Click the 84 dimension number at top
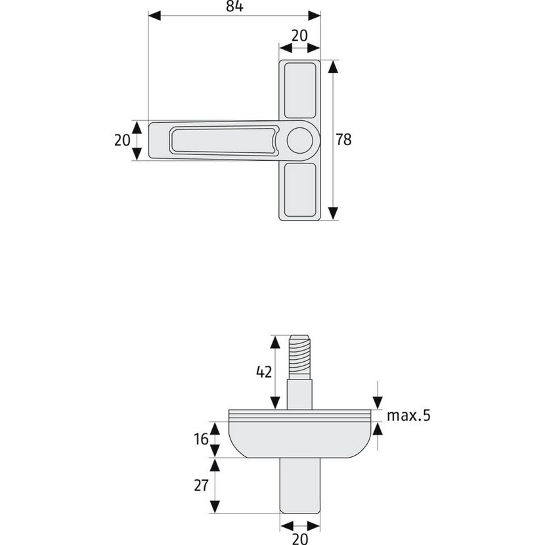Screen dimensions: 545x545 [234, 6]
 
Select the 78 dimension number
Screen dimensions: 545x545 [343, 139]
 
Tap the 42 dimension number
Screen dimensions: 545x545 [264, 372]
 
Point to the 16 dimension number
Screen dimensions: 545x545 [201, 439]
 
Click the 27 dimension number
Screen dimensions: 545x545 [201, 485]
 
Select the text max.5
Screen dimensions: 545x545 [408, 416]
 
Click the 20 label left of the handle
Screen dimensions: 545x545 [122, 140]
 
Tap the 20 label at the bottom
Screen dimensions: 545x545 [300, 539]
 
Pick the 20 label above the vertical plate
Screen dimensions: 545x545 [299, 35]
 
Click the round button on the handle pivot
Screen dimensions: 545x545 [299, 141]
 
